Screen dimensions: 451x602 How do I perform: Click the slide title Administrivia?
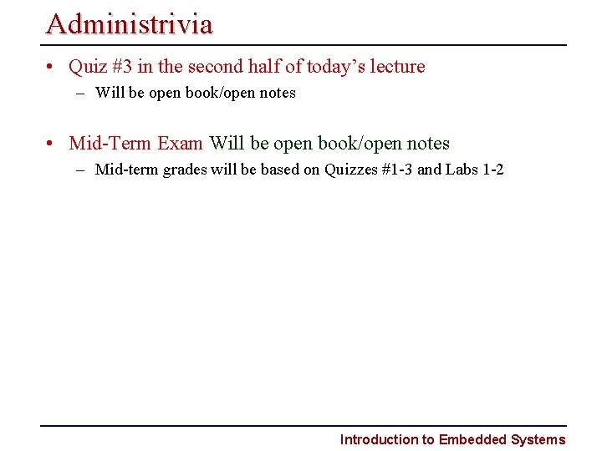coord(130,23)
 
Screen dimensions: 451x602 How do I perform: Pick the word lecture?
coord(398,66)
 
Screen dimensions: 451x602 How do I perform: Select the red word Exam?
coord(180,143)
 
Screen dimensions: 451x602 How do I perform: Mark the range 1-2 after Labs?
coord(493,170)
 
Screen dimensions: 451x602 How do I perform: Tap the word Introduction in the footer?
coord(379,439)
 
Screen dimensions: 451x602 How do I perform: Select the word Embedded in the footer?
coord(473,439)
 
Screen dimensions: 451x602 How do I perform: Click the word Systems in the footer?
coord(538,439)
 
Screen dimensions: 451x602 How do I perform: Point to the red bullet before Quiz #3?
coord(52,67)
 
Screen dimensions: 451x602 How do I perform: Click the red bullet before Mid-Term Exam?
coord(52,144)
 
